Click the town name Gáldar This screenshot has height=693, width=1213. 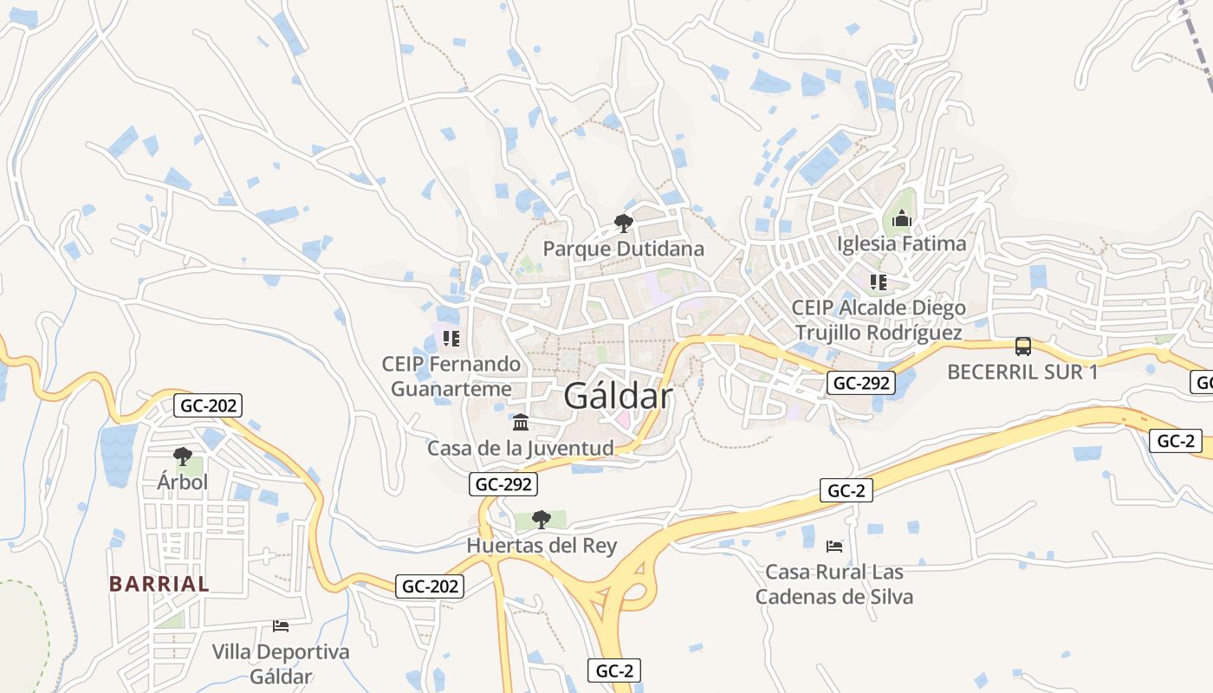pos(618,396)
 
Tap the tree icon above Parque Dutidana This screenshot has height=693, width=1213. pos(623,224)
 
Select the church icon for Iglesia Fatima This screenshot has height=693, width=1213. pos(902,219)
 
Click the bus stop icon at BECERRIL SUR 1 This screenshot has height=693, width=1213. pos(1022,346)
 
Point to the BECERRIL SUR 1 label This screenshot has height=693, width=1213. pos(1022,372)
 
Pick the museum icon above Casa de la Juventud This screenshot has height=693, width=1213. pos(521,423)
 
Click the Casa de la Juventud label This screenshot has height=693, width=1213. pos(520,448)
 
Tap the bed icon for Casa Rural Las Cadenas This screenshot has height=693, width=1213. pos(834,546)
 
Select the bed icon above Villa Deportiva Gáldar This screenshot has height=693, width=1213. pos(280,625)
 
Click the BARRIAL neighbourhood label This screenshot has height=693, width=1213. pos(159,584)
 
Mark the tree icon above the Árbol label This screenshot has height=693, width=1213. pos(182,456)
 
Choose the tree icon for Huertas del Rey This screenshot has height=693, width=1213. pos(542,520)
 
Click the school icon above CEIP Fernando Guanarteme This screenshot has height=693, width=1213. pos(451,338)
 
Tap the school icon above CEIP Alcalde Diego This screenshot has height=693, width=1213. pos(879,282)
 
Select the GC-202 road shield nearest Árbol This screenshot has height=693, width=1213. pos(208,405)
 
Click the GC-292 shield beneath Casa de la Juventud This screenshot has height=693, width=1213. pos(503,484)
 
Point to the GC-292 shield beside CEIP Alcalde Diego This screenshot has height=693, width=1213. pos(859,383)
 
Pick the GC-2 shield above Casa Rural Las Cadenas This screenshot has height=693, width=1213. pos(847,490)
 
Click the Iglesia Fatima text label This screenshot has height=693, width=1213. pos(901,243)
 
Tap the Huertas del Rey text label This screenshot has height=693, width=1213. pos(542,545)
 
